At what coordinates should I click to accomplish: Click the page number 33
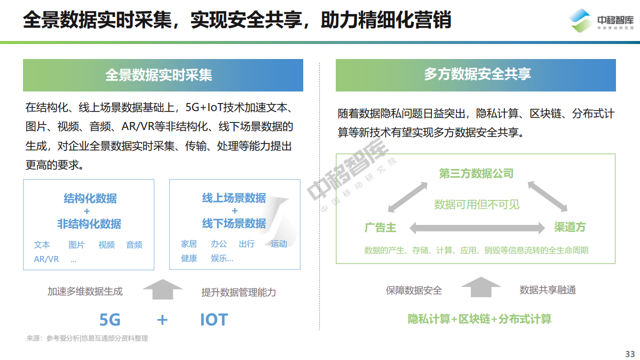[x=629, y=354]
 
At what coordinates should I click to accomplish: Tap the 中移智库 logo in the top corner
[x=601, y=21]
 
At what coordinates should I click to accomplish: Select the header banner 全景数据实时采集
[x=163, y=75]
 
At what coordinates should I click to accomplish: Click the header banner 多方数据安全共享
[x=476, y=75]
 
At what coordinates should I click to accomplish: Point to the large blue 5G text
[x=110, y=319]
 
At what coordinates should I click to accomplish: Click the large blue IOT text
[x=214, y=319]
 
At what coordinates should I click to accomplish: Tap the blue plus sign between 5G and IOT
[x=162, y=319]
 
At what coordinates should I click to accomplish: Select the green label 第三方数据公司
[x=476, y=173]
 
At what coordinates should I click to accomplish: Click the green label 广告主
[x=380, y=227]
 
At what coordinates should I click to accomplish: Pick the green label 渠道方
[x=570, y=227]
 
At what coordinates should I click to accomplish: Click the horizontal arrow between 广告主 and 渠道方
[x=477, y=228]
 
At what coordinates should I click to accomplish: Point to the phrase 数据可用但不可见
[x=476, y=204]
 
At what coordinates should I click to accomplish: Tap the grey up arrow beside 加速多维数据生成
[x=163, y=289]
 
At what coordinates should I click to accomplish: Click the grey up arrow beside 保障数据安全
[x=481, y=287]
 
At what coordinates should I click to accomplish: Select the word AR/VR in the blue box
[x=46, y=259]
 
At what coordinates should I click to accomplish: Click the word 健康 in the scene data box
[x=189, y=258]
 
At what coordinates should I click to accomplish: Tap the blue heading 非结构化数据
[x=90, y=224]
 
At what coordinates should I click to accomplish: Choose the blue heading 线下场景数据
[x=234, y=223]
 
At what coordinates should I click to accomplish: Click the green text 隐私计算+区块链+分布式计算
[x=479, y=319]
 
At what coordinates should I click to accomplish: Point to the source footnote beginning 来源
[x=87, y=338]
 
